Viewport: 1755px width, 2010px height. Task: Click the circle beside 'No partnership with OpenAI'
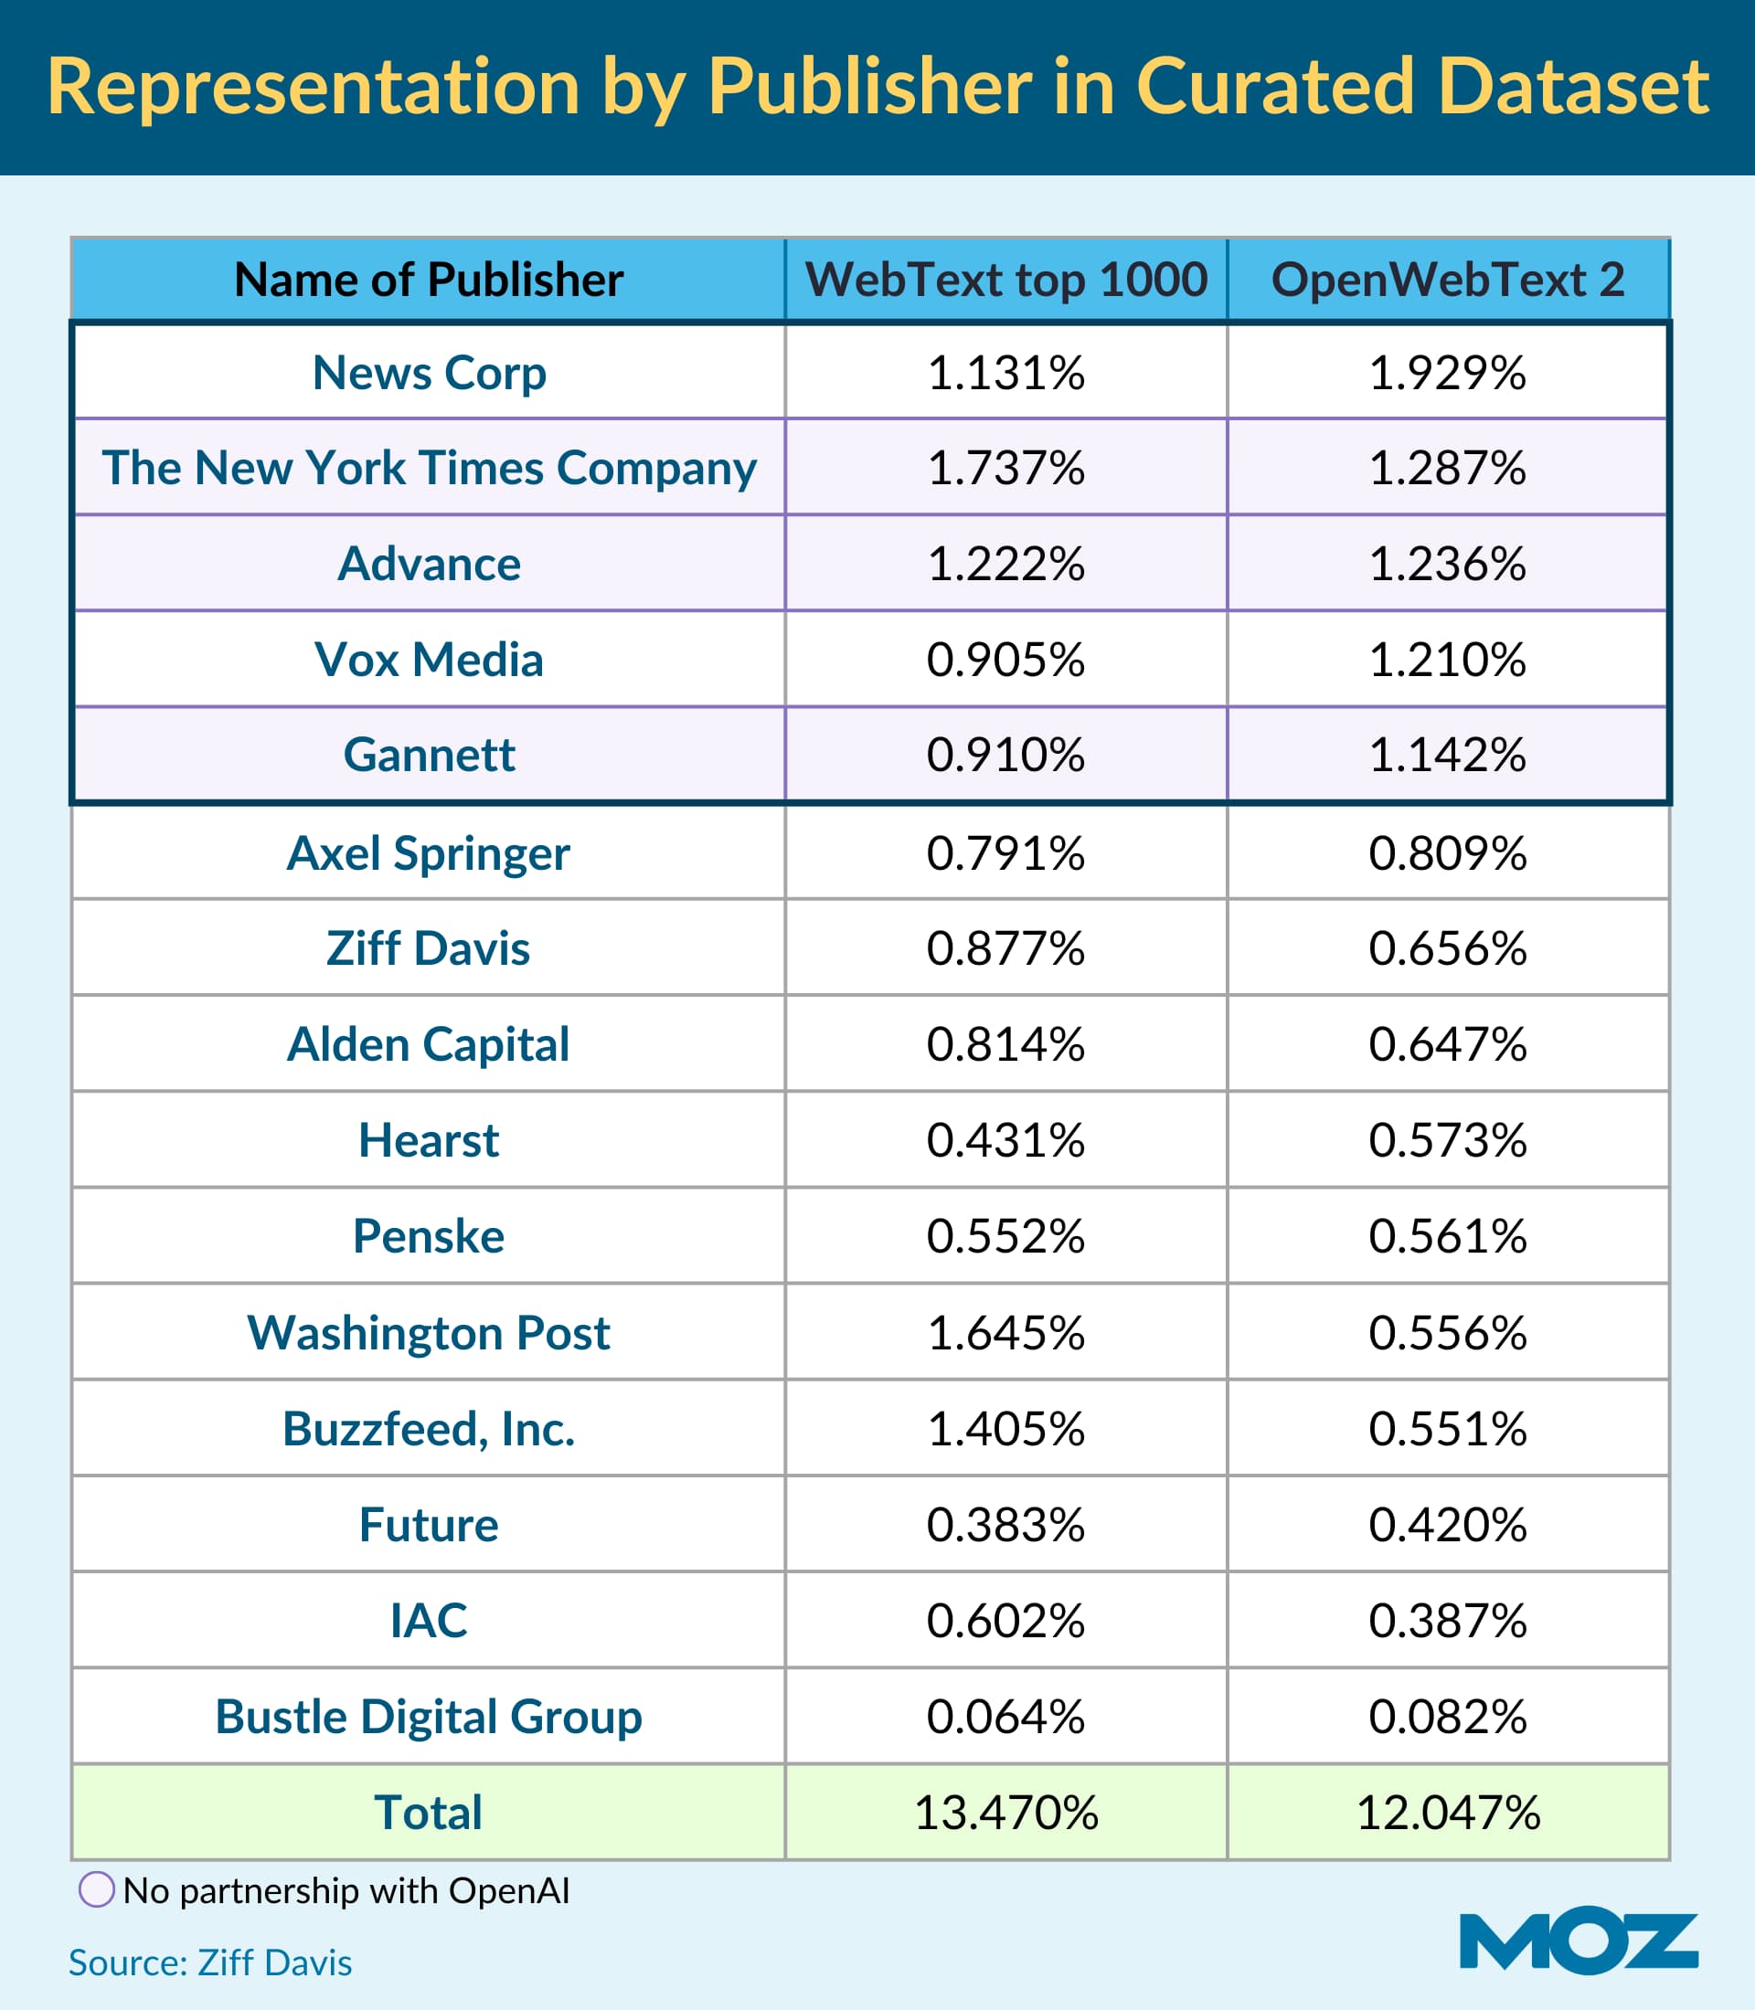pyautogui.click(x=96, y=1888)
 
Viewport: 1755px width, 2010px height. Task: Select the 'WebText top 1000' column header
pyautogui.click(x=1005, y=280)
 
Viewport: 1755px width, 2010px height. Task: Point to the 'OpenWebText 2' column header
pyautogui.click(x=1448, y=280)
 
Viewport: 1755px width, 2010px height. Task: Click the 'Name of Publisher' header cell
pyautogui.click(x=428, y=280)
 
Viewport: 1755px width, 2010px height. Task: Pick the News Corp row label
pyautogui.click(x=429, y=373)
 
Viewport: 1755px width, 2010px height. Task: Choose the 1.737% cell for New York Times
pyautogui.click(x=1005, y=468)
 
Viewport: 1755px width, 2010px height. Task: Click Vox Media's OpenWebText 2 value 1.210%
pyautogui.click(x=1448, y=660)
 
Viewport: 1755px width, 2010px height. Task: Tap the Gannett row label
pyautogui.click(x=429, y=755)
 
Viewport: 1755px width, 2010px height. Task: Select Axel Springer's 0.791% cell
pyautogui.click(x=1005, y=852)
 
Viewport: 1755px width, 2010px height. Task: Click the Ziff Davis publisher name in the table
pyautogui.click(x=428, y=947)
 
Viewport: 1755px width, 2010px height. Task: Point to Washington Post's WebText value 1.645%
pyautogui.click(x=1005, y=1332)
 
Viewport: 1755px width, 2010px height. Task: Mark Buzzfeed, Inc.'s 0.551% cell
pyautogui.click(x=1448, y=1428)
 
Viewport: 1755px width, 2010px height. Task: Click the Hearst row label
pyautogui.click(x=428, y=1139)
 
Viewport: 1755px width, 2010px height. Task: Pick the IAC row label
pyautogui.click(x=428, y=1621)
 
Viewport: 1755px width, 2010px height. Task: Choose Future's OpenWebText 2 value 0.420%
pyautogui.click(x=1448, y=1524)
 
